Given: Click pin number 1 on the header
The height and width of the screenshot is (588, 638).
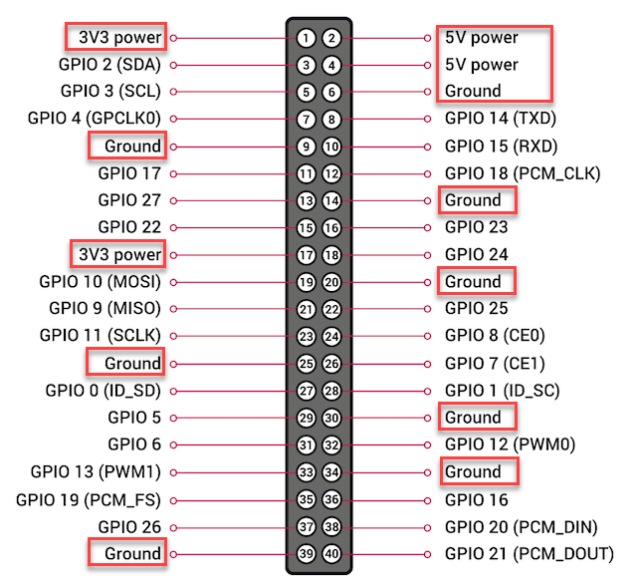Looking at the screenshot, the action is pos(306,38).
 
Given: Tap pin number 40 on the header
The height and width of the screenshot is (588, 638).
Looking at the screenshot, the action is pos(331,554).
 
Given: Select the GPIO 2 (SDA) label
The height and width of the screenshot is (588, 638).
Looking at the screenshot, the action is pos(109,65).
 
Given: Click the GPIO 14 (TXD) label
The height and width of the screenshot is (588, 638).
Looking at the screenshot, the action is pos(501,119).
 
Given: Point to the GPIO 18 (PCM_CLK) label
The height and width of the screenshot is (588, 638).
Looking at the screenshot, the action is pos(523,173).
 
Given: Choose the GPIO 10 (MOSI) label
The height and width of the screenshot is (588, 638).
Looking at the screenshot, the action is pos(101,282).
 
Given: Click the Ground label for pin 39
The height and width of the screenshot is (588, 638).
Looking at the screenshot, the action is pos(132,553).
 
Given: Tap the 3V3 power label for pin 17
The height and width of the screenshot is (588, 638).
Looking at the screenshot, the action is pos(120,254).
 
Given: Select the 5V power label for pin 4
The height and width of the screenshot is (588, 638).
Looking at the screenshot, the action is pos(482,65).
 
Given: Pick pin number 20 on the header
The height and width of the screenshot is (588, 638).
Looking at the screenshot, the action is pos(331,282).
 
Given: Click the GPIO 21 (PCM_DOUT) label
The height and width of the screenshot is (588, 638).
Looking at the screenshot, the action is pos(530,554).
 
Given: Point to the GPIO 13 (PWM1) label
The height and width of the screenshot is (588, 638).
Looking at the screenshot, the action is pos(96,471).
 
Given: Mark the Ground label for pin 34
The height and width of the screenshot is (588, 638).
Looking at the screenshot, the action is pos(473,471).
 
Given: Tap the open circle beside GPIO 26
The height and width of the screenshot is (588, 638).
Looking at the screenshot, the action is pos(173,528).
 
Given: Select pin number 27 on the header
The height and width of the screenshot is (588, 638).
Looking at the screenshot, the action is pos(306,392).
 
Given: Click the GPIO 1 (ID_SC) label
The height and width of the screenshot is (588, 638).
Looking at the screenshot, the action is pos(503,391).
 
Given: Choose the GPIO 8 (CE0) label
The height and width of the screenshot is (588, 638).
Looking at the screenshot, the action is pos(495,336).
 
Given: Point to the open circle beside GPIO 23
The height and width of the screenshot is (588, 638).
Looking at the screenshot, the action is pos(427,228).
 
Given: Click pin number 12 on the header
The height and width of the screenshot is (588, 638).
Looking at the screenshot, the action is pos(331,174).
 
